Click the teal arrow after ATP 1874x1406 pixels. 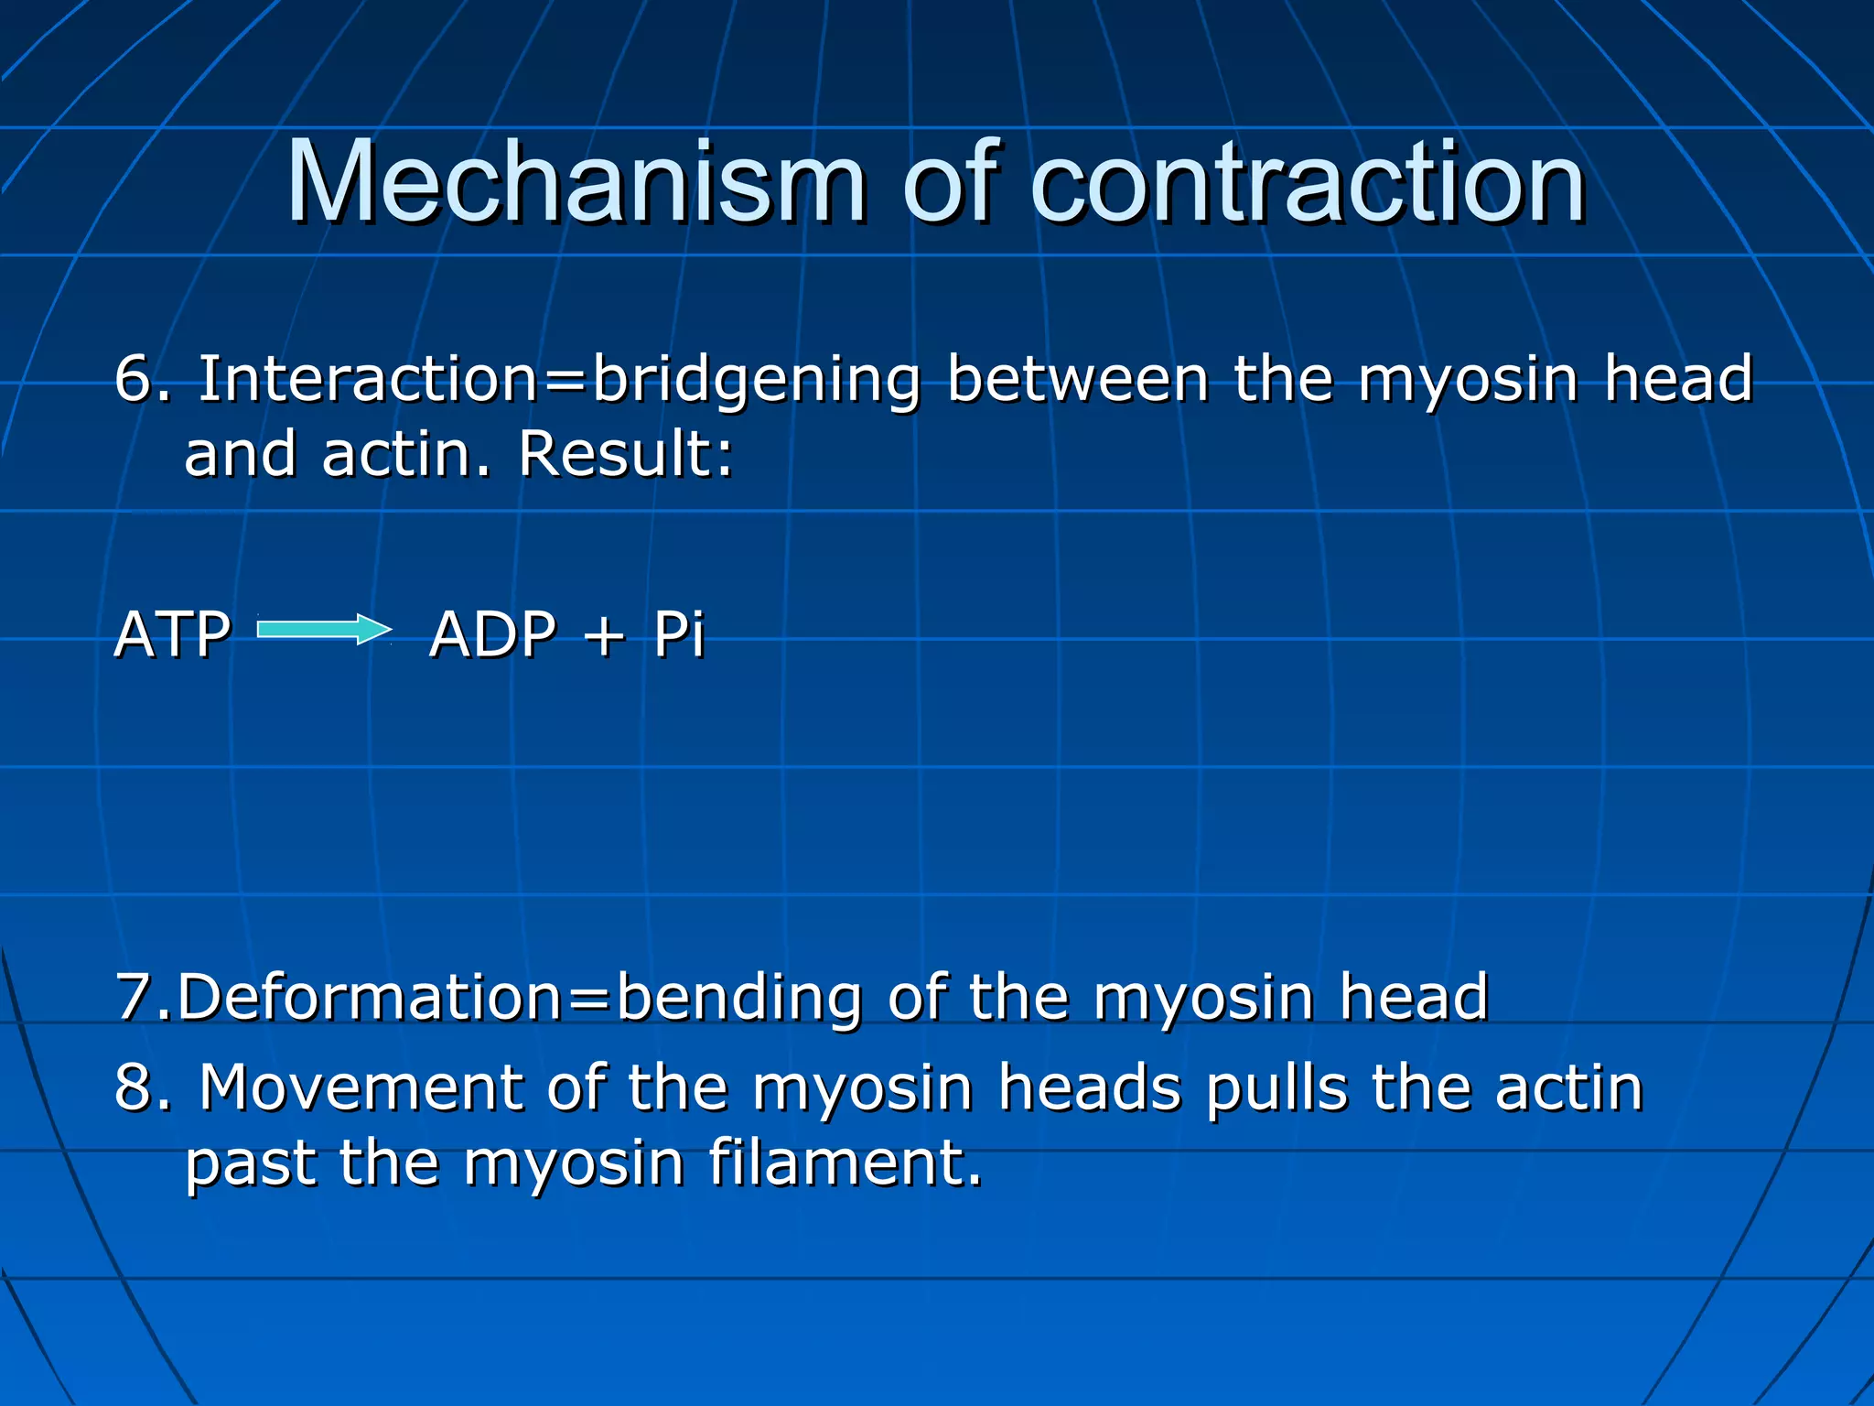click(x=324, y=630)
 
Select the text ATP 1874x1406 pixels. click(x=172, y=634)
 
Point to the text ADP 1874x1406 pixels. click(x=492, y=634)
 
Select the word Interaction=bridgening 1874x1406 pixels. click(x=559, y=380)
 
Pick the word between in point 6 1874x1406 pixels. click(x=1078, y=378)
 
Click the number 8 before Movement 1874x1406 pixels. click(x=137, y=1087)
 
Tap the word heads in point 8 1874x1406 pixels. click(x=1089, y=1087)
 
